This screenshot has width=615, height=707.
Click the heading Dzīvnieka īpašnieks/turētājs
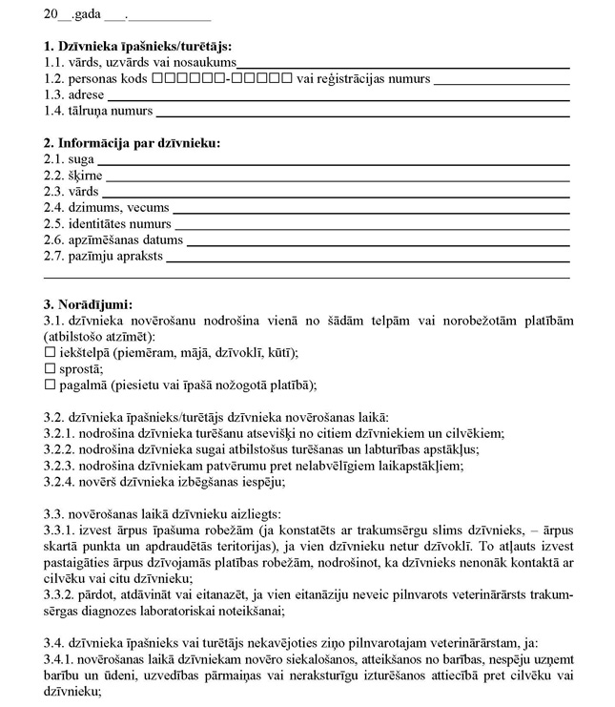click(138, 46)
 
